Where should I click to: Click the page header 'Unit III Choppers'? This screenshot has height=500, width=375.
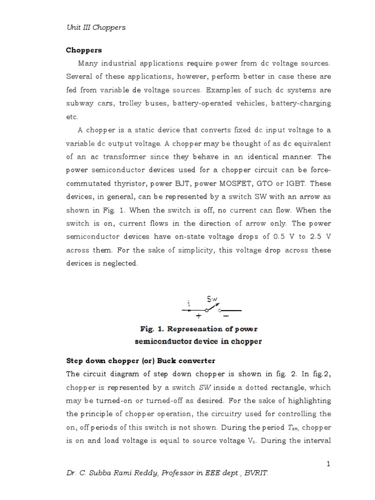(96, 27)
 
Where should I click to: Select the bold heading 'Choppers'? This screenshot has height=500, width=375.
(83, 50)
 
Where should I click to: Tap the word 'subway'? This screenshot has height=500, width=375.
(80, 104)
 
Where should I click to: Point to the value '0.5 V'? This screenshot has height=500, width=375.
(277, 237)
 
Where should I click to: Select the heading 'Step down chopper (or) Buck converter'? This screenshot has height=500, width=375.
(141, 361)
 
